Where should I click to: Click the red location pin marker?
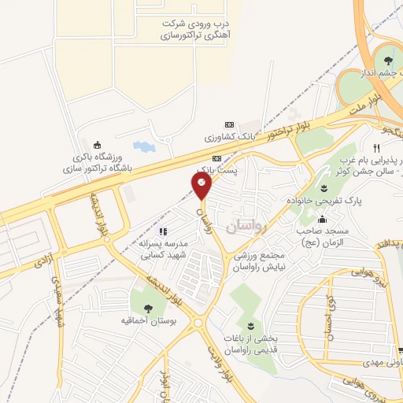pos(201,186)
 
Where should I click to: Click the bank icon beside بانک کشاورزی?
pos(230,124)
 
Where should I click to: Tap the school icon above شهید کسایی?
pos(163,231)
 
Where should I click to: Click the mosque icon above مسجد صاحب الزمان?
pos(324,219)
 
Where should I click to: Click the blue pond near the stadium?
pos(142,146)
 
